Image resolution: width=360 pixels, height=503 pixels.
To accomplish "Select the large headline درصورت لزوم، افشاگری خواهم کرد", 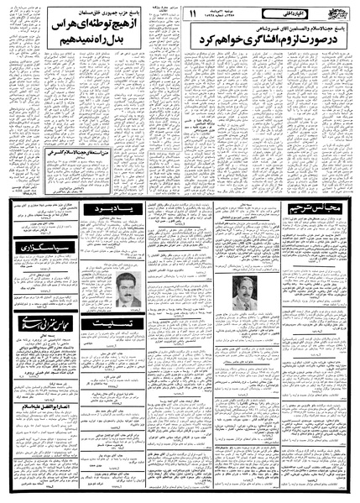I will click(x=264, y=38).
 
